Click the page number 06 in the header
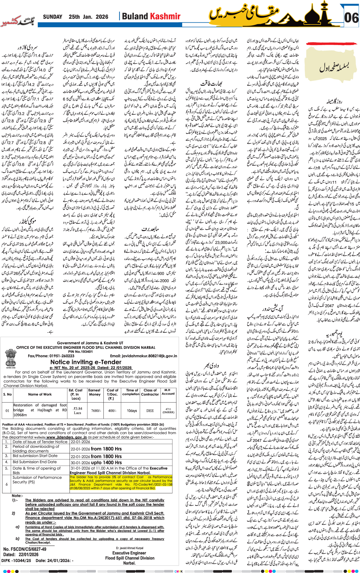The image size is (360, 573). (351, 18)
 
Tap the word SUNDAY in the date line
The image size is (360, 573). (53, 17)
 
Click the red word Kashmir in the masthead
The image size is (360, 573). (166, 17)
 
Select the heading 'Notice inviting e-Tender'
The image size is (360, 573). (86, 362)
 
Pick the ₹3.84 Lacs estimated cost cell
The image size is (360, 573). (77, 410)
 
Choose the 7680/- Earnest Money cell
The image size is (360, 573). (96, 411)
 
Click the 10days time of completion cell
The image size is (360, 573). (132, 411)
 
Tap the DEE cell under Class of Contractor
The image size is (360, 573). (150, 411)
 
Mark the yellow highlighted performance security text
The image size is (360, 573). (121, 483)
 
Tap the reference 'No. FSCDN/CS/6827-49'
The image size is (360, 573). (25, 549)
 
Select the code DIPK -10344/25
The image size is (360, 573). (16, 560)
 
